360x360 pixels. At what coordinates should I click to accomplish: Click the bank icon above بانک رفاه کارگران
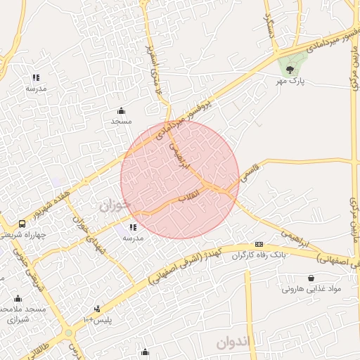pos(259,243)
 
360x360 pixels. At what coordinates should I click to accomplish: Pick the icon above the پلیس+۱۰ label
pos(97,308)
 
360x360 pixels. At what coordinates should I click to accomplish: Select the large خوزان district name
pos(115,206)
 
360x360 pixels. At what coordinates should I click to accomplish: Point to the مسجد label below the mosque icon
pos(122,121)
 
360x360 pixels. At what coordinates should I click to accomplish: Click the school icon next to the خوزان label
pos(133,227)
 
